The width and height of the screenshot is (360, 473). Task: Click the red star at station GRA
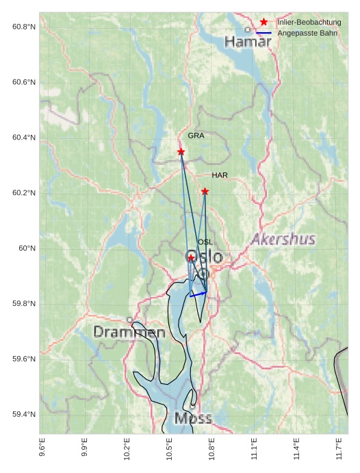(181, 151)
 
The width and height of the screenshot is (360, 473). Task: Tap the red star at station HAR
(205, 192)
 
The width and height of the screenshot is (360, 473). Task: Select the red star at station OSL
(191, 257)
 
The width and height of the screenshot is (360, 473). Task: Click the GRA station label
(196, 136)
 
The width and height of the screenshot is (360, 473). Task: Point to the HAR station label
(220, 175)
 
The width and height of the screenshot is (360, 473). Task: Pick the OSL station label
(205, 242)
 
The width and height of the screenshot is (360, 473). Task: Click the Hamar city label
(248, 42)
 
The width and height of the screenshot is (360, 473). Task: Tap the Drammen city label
(129, 332)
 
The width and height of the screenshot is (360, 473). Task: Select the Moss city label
(193, 418)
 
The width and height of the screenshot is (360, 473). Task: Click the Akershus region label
(283, 239)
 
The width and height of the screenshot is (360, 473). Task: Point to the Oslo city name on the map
(204, 257)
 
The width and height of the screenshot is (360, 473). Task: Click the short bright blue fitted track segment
(198, 294)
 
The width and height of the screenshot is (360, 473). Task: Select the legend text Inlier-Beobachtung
(309, 23)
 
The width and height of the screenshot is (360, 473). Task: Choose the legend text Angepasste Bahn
(307, 34)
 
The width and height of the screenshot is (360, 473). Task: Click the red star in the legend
(263, 23)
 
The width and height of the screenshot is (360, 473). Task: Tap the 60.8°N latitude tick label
(24, 27)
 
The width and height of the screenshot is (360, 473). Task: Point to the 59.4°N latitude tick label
(24, 415)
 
